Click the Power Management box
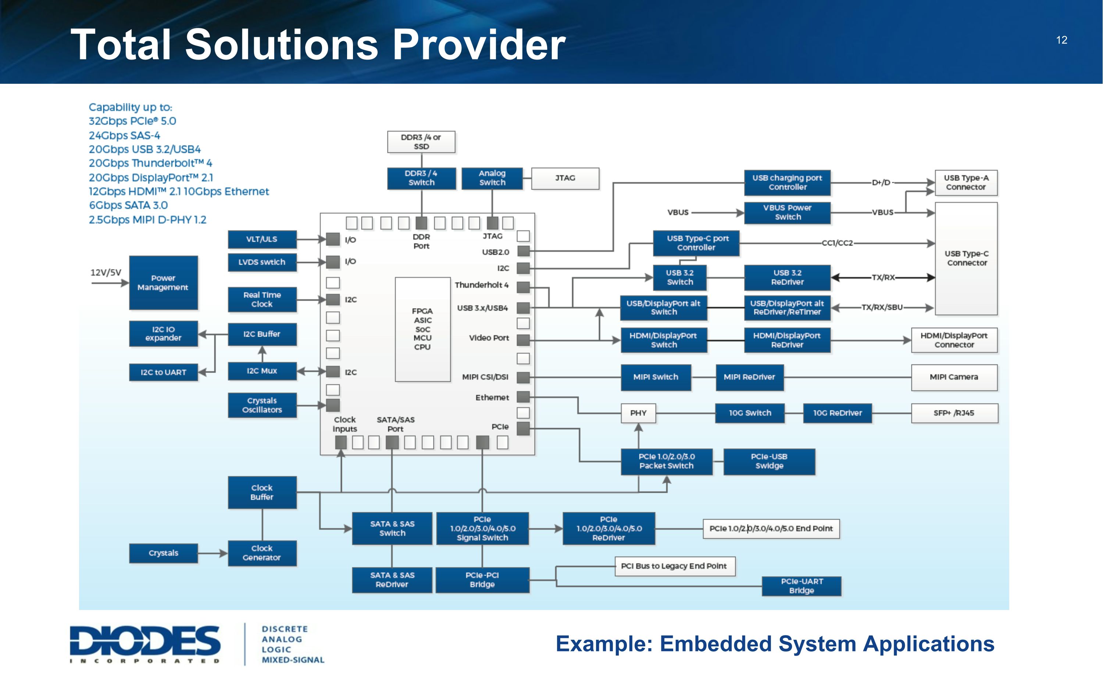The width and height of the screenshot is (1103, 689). tap(163, 283)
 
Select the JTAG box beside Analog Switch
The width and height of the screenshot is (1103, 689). tap(565, 178)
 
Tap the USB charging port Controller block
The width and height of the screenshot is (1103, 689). tap(787, 183)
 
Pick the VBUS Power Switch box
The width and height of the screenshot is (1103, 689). tap(787, 213)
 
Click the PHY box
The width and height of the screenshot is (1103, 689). tap(638, 413)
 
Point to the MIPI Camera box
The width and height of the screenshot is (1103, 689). tap(954, 377)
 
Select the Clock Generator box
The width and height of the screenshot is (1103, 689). tap(262, 553)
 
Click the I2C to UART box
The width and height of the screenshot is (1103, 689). tap(163, 372)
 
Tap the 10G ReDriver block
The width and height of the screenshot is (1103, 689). tap(837, 413)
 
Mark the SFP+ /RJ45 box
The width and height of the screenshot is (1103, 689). tap(954, 413)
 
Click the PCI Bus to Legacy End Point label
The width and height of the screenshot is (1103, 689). tap(674, 566)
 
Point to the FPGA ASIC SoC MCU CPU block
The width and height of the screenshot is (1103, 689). tap(422, 329)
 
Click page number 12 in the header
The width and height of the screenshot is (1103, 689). tap(1061, 40)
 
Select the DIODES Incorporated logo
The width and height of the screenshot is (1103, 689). tap(145, 643)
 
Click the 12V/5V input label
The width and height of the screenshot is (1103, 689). tap(106, 273)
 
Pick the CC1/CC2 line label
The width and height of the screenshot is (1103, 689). tap(837, 243)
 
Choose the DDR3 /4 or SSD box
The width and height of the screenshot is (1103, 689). tap(421, 142)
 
